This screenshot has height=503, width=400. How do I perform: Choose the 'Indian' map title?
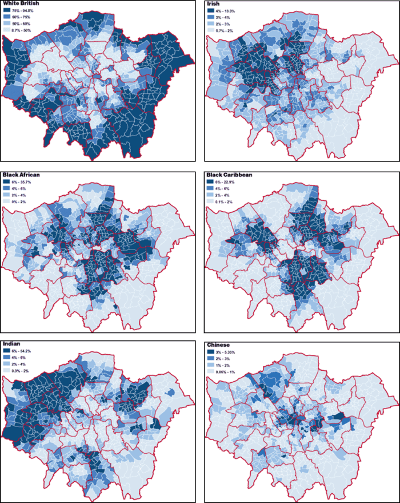point(13,343)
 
